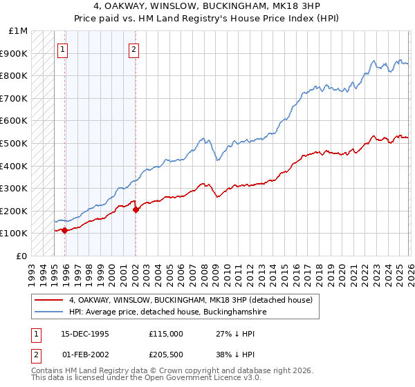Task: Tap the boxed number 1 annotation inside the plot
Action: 63,49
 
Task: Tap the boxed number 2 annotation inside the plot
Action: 133,49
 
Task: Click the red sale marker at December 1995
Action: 65,230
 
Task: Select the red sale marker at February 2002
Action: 136,209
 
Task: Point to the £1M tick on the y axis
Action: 19,31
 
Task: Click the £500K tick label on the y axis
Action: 15,143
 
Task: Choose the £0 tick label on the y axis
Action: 21,256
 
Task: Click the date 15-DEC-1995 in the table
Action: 85,333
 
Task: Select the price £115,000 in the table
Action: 165,333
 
